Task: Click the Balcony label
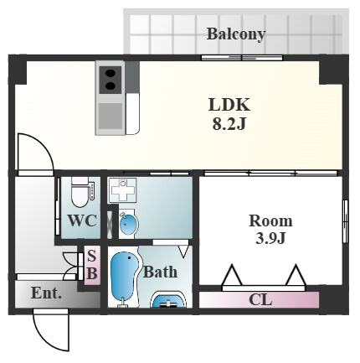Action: (236, 34)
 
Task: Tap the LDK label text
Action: (229, 105)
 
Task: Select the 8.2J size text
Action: (229, 124)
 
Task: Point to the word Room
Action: (270, 220)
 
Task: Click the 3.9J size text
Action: (270, 238)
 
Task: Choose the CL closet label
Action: (260, 300)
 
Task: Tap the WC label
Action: (82, 221)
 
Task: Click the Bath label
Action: (160, 272)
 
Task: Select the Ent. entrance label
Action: (46, 293)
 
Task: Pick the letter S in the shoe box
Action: (92, 256)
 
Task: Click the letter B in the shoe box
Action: (92, 273)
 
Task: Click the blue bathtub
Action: (124, 276)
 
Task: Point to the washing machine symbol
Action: (122, 190)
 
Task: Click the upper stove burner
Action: (111, 74)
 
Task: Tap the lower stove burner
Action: (111, 86)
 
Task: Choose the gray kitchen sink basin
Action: (111, 117)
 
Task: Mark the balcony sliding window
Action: (242, 58)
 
